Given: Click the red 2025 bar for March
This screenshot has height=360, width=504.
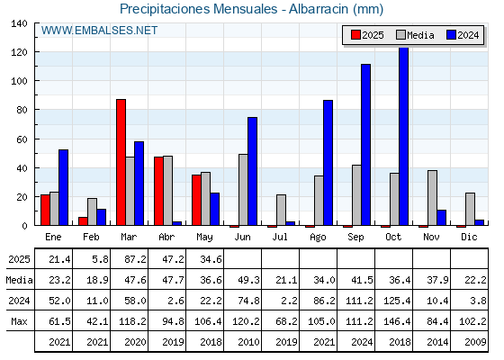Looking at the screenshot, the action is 121,162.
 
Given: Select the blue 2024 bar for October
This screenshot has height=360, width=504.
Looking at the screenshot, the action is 404,137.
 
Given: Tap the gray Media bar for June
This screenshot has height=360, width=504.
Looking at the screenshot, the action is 243,190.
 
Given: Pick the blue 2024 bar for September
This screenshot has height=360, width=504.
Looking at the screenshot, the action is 365,145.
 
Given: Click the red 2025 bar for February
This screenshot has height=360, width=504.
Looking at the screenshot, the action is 83,221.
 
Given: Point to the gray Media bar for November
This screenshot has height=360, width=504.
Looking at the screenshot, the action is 432,198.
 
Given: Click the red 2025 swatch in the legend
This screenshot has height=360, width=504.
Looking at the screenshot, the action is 355,35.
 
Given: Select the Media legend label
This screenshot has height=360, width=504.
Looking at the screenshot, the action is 420,35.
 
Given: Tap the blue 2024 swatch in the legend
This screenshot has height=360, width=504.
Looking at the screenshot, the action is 451,35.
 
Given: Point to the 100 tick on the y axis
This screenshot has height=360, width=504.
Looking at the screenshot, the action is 37,81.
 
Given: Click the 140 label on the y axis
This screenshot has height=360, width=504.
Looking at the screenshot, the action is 19,23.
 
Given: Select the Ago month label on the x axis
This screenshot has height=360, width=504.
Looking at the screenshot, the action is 318,238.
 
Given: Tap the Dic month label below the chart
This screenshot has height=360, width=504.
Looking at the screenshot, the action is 469,237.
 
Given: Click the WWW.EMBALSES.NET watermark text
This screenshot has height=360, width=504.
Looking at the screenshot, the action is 99,31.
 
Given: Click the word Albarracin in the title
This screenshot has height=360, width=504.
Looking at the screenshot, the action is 319,9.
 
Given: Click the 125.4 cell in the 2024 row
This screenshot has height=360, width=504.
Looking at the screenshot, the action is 397,301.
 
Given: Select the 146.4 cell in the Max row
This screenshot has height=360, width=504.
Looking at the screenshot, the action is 397,321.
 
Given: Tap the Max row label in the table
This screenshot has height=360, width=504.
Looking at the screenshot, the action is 19,321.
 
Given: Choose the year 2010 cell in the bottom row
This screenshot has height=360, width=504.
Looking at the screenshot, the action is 248,342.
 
